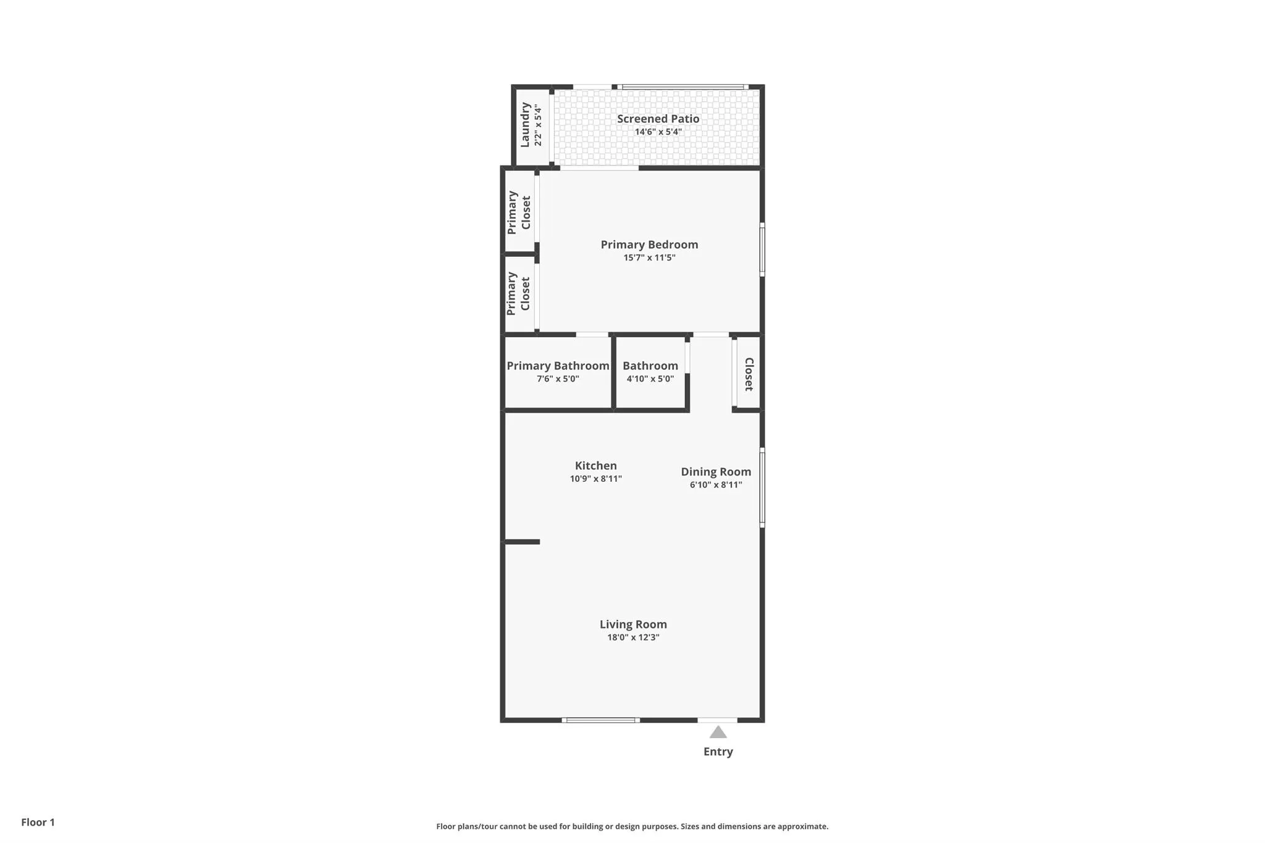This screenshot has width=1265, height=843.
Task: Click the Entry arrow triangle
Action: (718, 732)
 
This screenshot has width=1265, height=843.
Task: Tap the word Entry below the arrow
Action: (718, 752)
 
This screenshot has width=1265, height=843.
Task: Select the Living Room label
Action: (633, 624)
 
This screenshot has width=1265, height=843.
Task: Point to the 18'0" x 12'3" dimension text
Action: (633, 637)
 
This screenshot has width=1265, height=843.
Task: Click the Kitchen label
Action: (595, 466)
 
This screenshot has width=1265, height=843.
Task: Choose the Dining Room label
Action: (716, 472)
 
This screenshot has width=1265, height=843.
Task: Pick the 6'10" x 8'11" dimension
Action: (716, 485)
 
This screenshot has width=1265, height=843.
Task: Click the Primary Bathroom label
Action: (558, 366)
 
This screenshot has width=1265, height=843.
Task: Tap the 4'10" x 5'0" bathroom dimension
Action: (650, 379)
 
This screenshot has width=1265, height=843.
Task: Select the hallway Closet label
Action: (749, 374)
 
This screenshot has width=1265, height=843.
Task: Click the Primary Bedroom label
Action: (649, 245)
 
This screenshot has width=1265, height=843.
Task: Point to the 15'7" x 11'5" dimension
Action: (649, 258)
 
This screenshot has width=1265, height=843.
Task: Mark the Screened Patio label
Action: (658, 119)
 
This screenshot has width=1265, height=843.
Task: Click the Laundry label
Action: (525, 125)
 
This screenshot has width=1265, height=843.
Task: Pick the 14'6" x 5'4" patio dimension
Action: (658, 132)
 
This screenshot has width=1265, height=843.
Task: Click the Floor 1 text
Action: (38, 822)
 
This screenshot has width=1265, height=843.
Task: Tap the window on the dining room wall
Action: (762, 487)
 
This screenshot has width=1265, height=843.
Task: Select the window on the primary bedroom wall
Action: (762, 250)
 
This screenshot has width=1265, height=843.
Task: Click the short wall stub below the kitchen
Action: (523, 542)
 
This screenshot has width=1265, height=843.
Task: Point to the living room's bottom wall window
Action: (600, 720)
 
